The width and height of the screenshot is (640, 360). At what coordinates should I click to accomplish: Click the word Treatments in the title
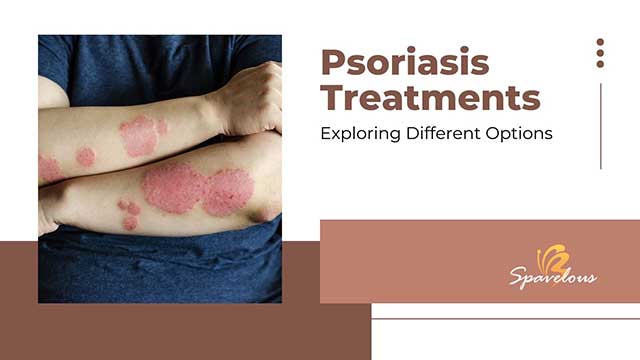click(x=430, y=98)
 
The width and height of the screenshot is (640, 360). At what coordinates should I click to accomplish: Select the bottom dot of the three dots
click(x=600, y=64)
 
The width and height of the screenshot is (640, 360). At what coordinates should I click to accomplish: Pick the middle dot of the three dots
click(x=600, y=53)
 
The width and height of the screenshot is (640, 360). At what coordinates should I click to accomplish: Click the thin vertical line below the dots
click(x=600, y=125)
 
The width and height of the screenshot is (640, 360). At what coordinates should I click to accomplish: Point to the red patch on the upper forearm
click(x=140, y=134)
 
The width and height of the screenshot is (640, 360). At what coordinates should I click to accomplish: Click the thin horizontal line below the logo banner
click(x=505, y=319)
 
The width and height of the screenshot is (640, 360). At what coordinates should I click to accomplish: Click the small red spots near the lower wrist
click(x=129, y=213)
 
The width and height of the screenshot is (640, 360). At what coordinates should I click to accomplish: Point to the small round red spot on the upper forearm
click(x=86, y=157)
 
